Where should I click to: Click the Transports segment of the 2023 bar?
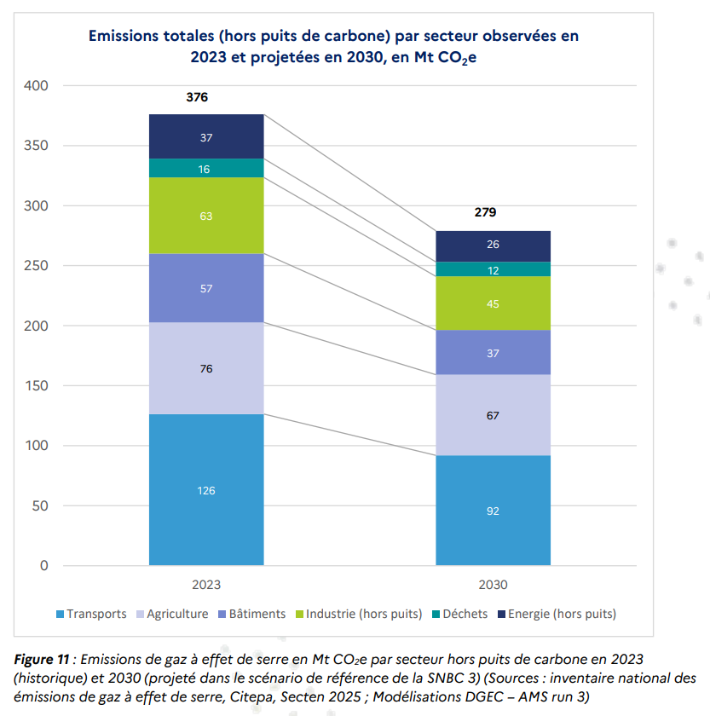coord(206,489)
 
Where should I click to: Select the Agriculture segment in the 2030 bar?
coord(493,415)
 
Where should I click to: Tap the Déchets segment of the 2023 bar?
coord(206,169)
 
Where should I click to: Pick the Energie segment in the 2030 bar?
coord(493,245)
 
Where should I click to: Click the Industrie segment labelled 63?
coord(206,217)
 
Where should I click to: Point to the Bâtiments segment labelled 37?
coord(493,352)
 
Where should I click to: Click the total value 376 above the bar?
coord(197,97)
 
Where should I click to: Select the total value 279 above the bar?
coord(485,212)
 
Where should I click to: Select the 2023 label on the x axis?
coord(206,586)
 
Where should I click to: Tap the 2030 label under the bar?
coord(493,586)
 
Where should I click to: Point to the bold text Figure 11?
coord(42,660)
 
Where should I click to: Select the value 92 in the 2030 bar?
coord(493,511)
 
